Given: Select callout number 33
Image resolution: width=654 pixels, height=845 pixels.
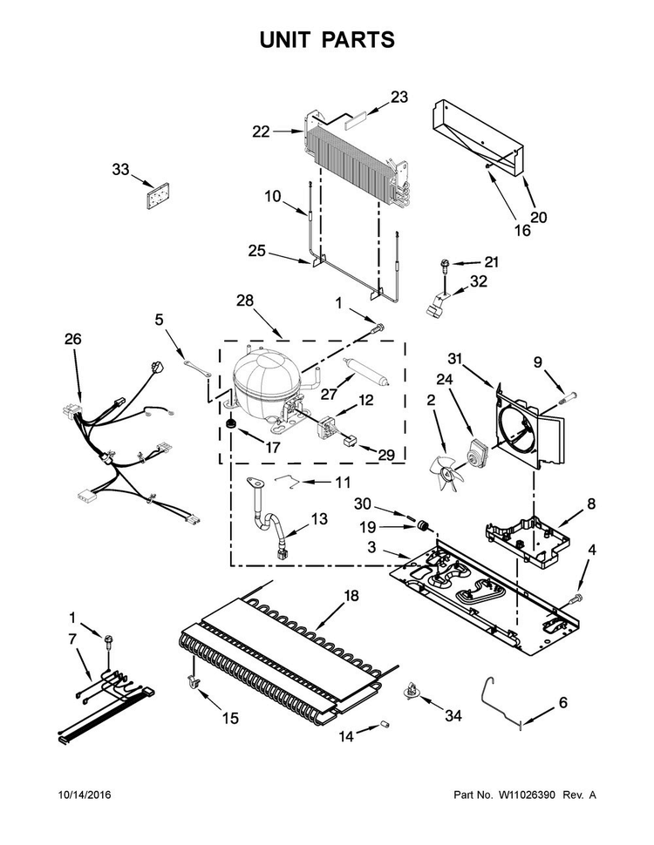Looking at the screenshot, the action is [120, 169].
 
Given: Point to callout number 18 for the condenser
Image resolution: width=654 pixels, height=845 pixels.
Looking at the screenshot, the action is [351, 596].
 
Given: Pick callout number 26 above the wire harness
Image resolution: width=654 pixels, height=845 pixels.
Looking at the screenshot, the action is [73, 339].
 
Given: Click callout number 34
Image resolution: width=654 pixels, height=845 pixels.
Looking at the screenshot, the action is [453, 716].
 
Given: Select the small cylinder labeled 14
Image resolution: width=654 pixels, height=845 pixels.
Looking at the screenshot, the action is [385, 725].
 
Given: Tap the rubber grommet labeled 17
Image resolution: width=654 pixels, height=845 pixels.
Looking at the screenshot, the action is [232, 423].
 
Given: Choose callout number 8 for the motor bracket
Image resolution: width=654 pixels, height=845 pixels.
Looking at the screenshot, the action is [591, 504].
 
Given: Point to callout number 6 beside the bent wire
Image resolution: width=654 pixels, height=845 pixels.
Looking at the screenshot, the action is [562, 703].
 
